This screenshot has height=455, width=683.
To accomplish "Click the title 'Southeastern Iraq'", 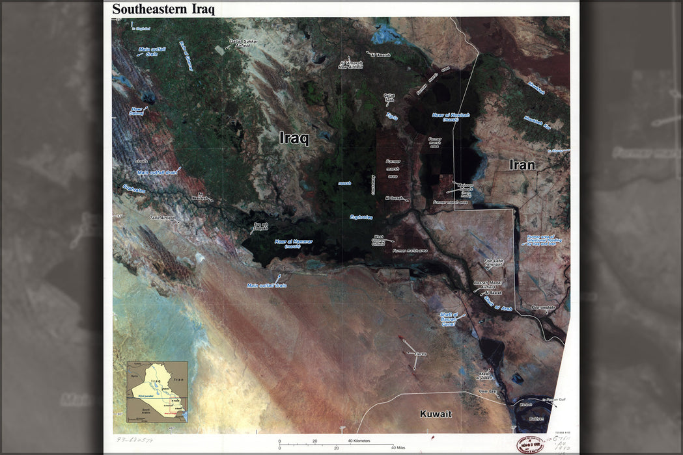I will (x=163, y=9).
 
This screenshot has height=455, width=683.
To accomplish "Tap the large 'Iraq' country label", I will (x=294, y=138).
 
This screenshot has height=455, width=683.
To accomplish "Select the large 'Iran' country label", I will (x=522, y=164).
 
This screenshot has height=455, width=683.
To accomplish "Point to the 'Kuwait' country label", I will (x=436, y=414).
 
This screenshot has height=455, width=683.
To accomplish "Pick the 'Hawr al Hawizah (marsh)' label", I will (x=451, y=117).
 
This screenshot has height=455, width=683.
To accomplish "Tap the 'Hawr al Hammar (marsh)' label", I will (x=293, y=243).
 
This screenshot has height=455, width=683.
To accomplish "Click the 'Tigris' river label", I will (x=392, y=116).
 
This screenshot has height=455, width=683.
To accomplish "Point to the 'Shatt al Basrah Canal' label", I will (x=449, y=319).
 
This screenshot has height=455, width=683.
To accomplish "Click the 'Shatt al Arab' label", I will (x=499, y=304).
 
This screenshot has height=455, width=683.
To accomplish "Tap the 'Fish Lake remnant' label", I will (x=494, y=263).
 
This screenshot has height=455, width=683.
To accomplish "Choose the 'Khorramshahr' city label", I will (x=543, y=307).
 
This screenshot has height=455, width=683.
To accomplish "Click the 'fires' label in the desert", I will (x=421, y=354).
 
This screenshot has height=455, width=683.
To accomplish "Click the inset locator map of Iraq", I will (x=156, y=392).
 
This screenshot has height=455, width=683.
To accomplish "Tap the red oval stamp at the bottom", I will (x=530, y=445).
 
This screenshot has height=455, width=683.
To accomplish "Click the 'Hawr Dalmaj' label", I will (x=136, y=111).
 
